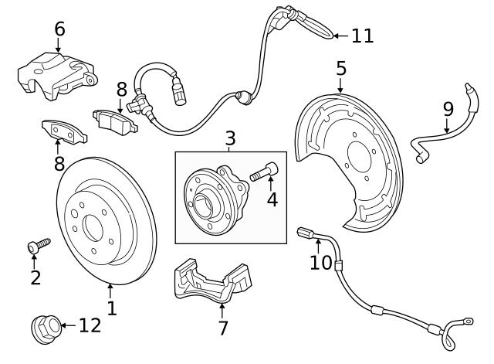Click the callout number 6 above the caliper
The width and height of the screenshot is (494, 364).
click(x=59, y=29)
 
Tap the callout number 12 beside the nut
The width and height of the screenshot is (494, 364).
click(x=90, y=325)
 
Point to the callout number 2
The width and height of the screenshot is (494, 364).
click(x=35, y=277)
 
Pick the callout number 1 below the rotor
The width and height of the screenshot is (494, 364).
click(x=111, y=308)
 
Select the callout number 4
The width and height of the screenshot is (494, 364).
click(x=272, y=199)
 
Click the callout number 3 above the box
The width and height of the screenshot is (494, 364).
click(x=230, y=139)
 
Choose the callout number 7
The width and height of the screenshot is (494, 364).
click(x=222, y=328)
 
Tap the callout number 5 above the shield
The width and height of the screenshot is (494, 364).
click(x=341, y=69)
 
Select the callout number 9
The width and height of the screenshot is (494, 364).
click(x=448, y=109)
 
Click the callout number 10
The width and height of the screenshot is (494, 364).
click(x=320, y=262)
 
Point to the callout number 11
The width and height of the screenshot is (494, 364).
click(x=362, y=36)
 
